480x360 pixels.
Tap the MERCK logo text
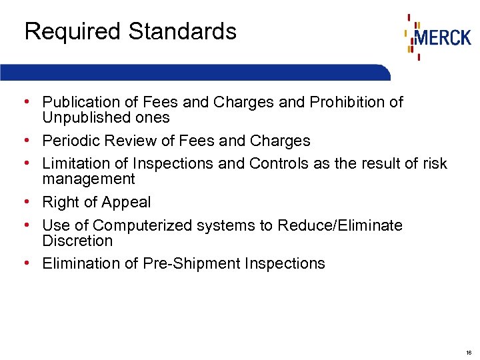443,37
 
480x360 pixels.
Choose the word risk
433,163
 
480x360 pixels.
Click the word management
89,179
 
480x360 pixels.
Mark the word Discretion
77,241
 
